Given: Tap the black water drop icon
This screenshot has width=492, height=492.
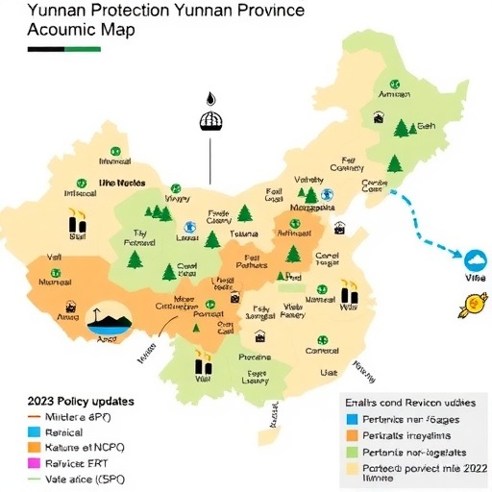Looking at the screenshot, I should click(x=209, y=99).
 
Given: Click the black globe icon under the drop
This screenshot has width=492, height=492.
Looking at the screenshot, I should click(x=210, y=121).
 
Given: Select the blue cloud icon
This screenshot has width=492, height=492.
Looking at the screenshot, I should click(x=474, y=259).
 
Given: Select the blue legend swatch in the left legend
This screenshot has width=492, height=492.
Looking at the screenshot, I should click(x=34, y=434).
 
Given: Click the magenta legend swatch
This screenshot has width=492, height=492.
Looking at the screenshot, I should click(x=34, y=461).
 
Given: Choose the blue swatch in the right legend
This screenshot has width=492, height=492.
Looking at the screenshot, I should click(x=353, y=419).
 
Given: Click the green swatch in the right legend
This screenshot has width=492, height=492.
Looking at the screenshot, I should click(x=353, y=452).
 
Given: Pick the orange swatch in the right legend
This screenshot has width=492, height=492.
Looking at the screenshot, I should click(x=353, y=435).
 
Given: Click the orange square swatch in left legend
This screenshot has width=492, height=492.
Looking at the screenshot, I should click(x=34, y=448).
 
